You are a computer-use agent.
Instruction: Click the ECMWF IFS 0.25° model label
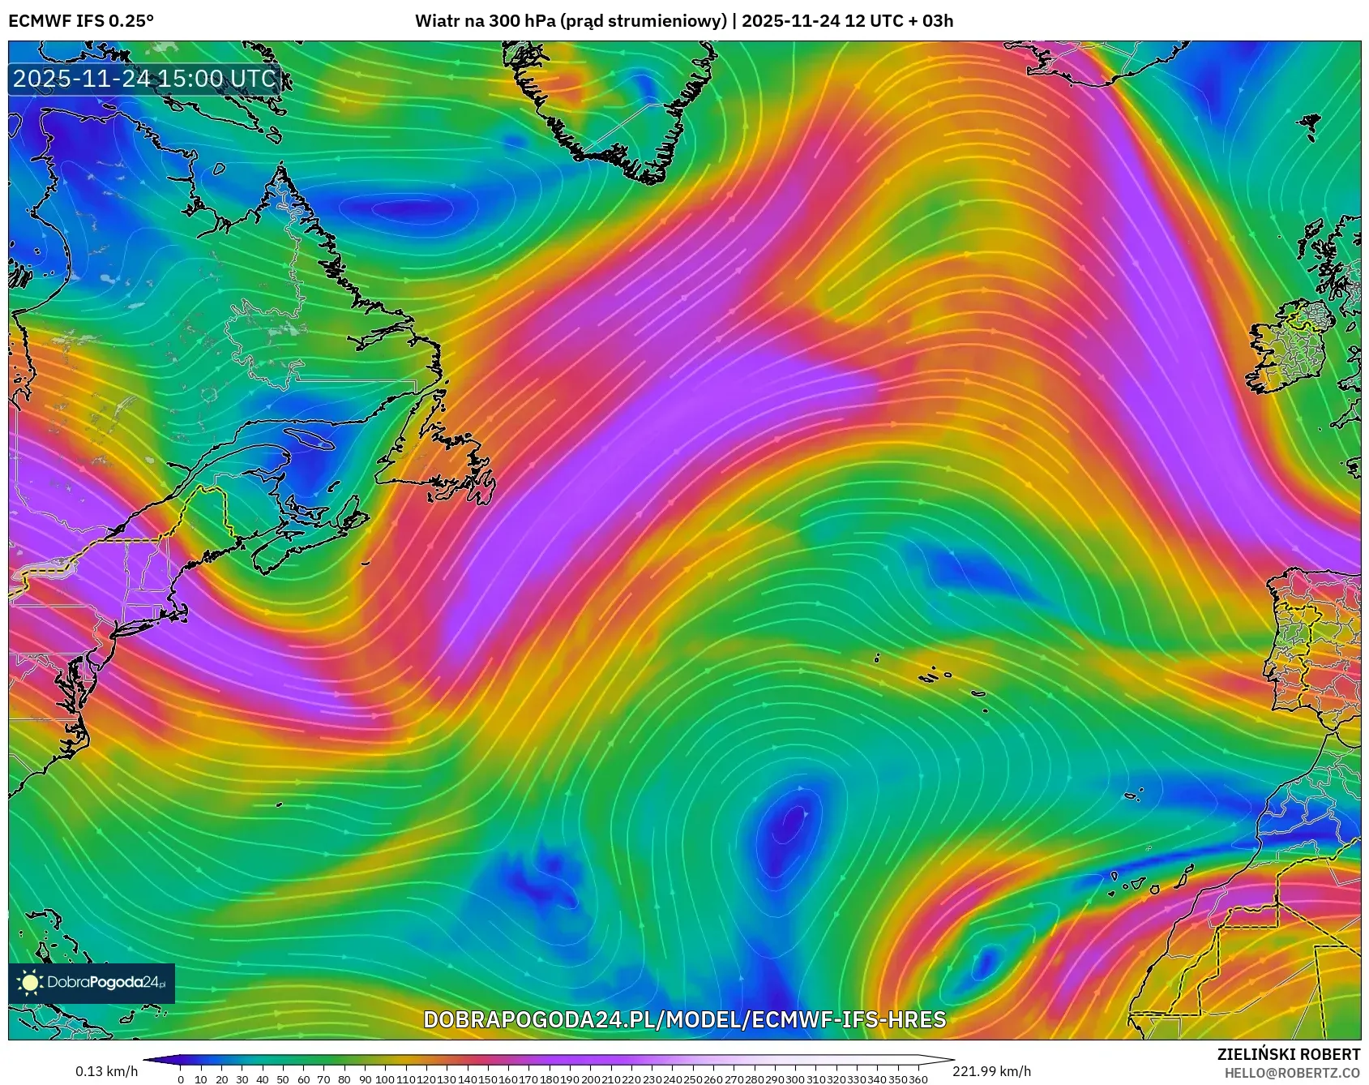pyautogui.click(x=81, y=21)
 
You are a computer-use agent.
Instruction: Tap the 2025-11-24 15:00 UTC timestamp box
pyautogui.click(x=145, y=79)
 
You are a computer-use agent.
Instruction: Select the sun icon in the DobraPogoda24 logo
pyautogui.click(x=30, y=983)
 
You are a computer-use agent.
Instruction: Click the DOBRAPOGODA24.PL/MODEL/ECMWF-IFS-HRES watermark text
pyautogui.click(x=684, y=1019)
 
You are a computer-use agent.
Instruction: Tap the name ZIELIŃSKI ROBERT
pyautogui.click(x=1288, y=1054)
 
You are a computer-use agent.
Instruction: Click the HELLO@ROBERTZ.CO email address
pyautogui.click(x=1292, y=1072)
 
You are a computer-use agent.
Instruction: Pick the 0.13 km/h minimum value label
pyautogui.click(x=107, y=1071)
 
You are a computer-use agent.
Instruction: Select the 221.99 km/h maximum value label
pyautogui.click(x=991, y=1071)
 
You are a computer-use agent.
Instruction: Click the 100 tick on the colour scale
pyautogui.click(x=385, y=1079)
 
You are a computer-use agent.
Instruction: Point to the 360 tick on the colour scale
pyautogui.click(x=918, y=1079)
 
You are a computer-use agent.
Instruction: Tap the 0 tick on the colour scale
pyautogui.click(x=180, y=1079)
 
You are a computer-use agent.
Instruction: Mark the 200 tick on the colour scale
pyautogui.click(x=590, y=1079)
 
